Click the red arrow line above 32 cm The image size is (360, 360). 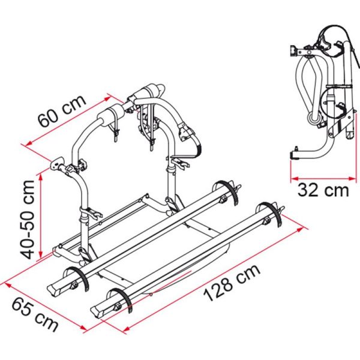(321, 178)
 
